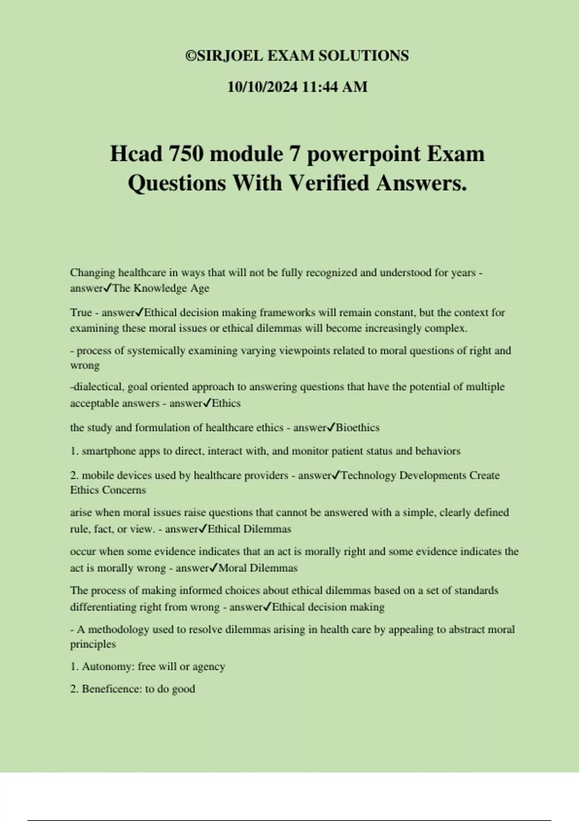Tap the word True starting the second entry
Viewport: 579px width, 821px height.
[x=81, y=312]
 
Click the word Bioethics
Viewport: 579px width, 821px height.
[x=358, y=427]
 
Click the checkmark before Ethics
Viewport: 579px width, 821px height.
[x=207, y=403]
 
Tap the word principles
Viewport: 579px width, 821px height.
[x=93, y=644]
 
